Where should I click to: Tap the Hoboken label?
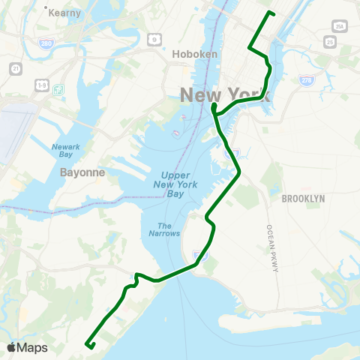click(x=194, y=54)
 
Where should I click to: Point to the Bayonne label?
click(x=78, y=172)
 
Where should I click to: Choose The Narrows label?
click(x=169, y=229)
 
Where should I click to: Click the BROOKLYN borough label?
click(x=303, y=198)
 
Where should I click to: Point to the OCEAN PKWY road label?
click(x=272, y=248)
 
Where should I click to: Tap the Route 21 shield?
click(x=15, y=68)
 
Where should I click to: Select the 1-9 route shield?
click(x=41, y=86)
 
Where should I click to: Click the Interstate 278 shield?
click(x=305, y=79)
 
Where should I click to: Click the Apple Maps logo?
click(x=27, y=347)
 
